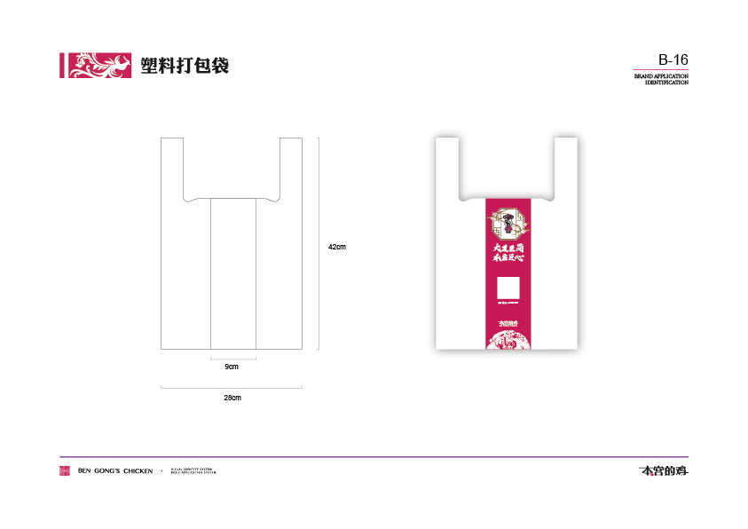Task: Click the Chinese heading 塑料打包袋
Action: [185, 65]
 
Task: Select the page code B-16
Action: [673, 60]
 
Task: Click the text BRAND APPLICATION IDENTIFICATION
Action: [661, 80]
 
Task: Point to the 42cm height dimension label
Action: [336, 246]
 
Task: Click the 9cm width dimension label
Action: [232, 367]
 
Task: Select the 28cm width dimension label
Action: [232, 398]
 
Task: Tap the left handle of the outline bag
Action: [172, 164]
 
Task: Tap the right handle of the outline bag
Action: [291, 164]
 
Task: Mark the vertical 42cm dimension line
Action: [319, 243]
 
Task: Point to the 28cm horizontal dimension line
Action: [232, 387]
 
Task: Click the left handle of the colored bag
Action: [447, 164]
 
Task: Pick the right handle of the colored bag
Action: [567, 164]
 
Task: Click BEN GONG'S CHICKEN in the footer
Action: [115, 470]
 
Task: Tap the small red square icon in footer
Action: [65, 470]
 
